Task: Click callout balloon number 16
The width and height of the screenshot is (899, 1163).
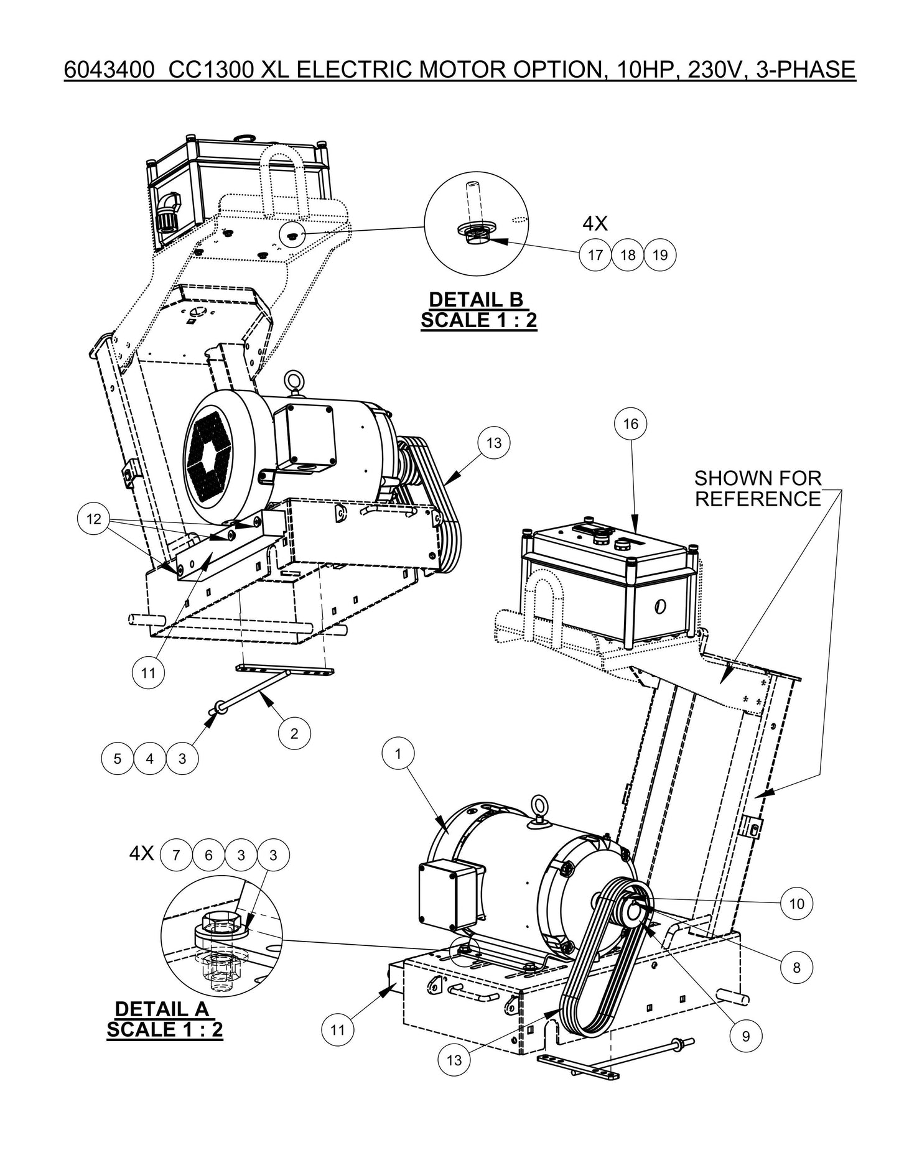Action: point(630,424)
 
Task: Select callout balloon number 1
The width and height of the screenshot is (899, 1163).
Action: point(398,754)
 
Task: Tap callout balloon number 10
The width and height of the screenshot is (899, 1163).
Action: point(796,904)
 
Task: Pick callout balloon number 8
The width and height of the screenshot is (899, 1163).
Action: point(796,967)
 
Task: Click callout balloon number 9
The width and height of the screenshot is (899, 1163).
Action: point(745,1036)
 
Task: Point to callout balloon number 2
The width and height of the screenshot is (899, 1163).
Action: point(294,733)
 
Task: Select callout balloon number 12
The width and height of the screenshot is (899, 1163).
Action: point(93,519)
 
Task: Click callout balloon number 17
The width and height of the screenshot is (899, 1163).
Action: point(595,255)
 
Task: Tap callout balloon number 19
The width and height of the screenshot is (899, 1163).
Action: point(660,255)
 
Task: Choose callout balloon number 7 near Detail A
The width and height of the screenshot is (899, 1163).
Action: point(176,855)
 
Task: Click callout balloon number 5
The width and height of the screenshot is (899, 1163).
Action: point(118,759)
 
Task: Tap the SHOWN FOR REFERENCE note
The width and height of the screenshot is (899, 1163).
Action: point(758,488)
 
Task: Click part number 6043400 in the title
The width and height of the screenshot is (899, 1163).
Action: point(109,70)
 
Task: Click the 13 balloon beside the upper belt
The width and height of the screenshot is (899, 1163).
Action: point(493,443)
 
